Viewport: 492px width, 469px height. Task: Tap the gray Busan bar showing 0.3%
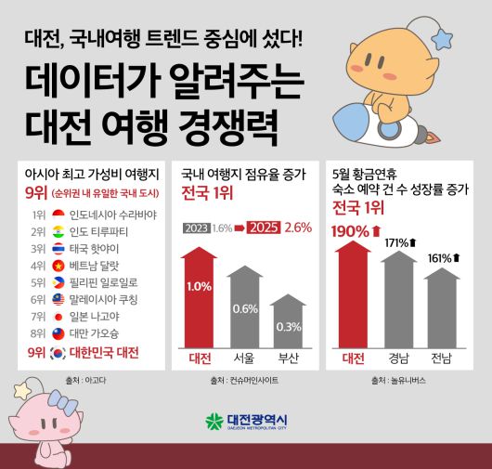pos(291,322)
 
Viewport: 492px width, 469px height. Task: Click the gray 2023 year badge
pos(196,228)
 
